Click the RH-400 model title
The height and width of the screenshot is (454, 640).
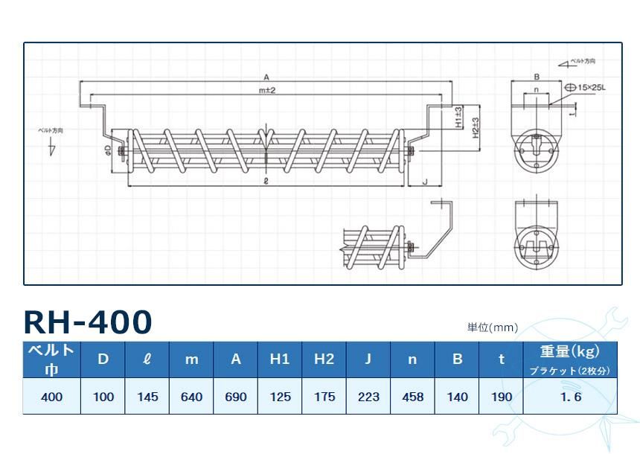coord(88,322)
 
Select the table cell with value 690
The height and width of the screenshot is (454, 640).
coord(236,397)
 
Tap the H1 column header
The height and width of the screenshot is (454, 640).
coord(280,359)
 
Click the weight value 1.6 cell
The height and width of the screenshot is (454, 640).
coord(571,397)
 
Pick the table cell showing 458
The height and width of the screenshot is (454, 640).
coord(412,397)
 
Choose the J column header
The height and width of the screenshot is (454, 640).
coord(368,359)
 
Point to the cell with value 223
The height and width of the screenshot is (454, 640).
coord(368,397)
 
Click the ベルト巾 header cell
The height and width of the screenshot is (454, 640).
coord(51,359)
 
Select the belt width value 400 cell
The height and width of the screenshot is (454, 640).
coord(51,397)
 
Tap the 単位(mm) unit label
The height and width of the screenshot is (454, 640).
coord(492,327)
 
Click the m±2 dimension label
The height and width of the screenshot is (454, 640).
coord(267,90)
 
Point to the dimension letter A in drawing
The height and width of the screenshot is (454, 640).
coord(266,77)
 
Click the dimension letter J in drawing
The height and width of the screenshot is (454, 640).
coord(424,181)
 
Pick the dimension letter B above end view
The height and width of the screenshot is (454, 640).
coord(536,77)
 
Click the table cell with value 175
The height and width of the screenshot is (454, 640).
coord(324,397)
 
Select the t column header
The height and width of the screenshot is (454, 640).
coord(502,359)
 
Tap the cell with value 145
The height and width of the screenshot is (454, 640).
coord(147,397)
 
